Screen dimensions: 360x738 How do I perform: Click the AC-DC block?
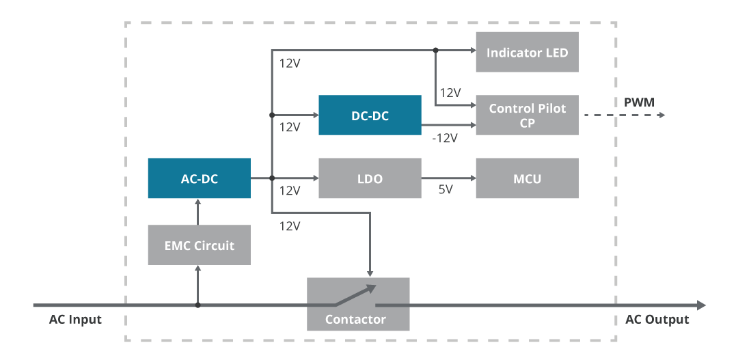(199, 178)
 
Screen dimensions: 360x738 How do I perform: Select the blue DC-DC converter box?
(370, 115)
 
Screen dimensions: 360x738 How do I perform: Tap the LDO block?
(370, 178)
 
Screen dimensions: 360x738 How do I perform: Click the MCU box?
(527, 178)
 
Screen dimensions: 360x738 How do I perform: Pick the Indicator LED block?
(527, 52)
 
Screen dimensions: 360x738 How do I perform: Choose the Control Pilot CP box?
(527, 115)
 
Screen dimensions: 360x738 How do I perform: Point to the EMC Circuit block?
(199, 245)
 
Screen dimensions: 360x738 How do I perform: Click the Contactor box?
(357, 318)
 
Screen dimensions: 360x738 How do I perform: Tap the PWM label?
(639, 102)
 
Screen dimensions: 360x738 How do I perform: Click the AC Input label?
(75, 320)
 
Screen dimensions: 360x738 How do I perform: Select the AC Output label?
(657, 320)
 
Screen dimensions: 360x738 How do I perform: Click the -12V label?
(445, 138)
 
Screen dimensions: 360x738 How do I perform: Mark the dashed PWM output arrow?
(623, 115)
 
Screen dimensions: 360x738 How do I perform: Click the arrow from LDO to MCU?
(448, 178)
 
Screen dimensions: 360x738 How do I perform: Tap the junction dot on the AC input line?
(198, 305)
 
